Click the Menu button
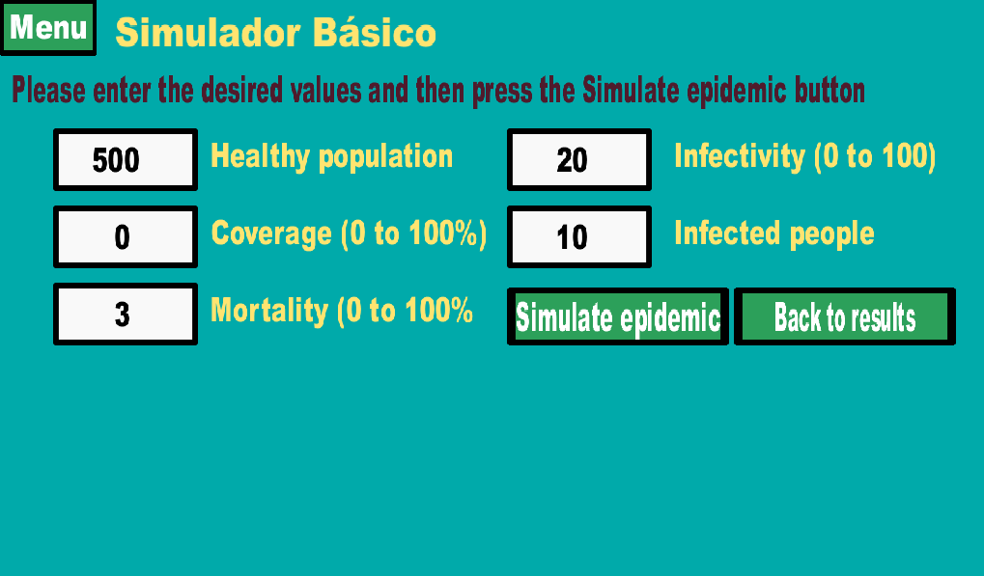click(47, 28)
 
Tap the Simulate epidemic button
click(617, 316)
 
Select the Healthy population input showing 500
click(126, 160)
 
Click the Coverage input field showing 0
click(126, 237)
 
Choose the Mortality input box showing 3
click(126, 314)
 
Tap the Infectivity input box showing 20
click(579, 160)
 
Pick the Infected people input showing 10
click(579, 237)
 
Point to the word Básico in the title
click(375, 32)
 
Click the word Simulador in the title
click(209, 32)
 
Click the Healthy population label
click(331, 156)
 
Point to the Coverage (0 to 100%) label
click(349, 233)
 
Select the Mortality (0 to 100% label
click(342, 311)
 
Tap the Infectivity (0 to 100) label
click(805, 156)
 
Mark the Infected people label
click(774, 233)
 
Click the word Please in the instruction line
click(49, 91)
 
